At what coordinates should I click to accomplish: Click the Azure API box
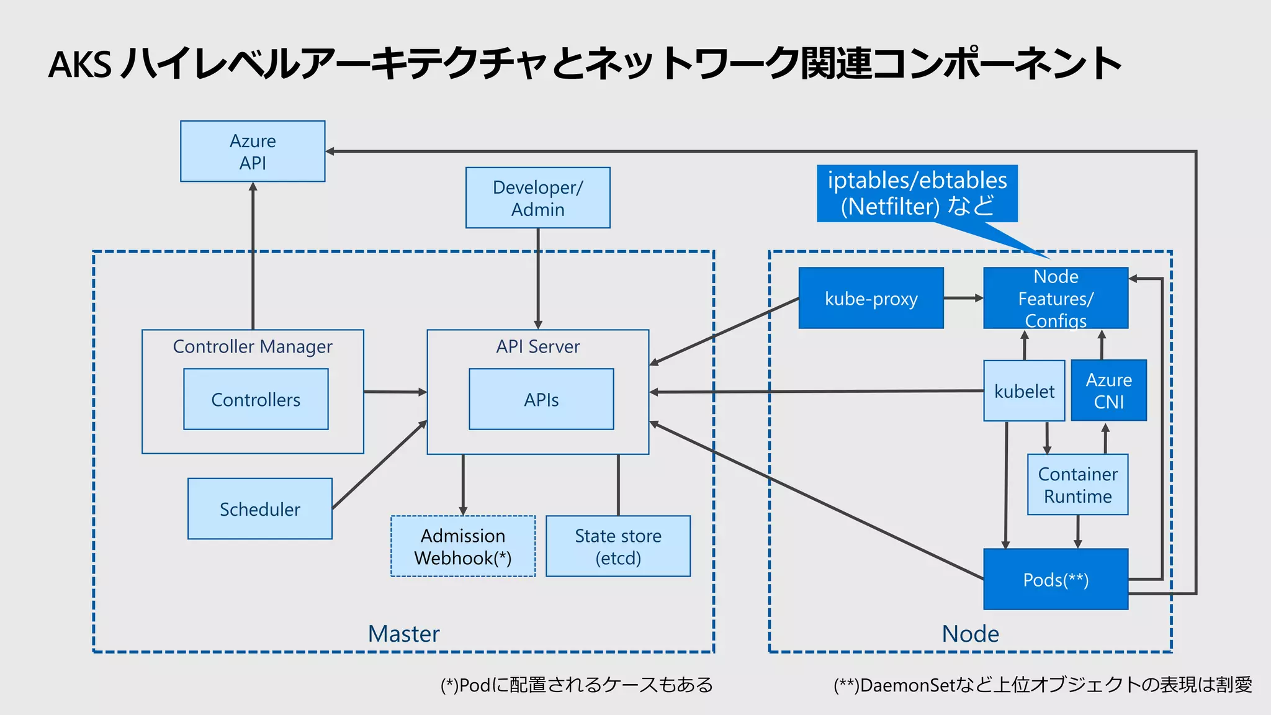coord(253,151)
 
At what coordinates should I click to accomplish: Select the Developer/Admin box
coord(537,198)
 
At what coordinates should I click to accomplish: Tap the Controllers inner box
coord(256,399)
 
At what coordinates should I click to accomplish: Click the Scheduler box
coord(259,509)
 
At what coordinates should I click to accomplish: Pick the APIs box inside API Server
coord(541,399)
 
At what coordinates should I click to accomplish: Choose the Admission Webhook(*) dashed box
coord(463,546)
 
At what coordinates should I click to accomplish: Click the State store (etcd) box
coord(618,546)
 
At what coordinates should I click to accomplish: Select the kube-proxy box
coord(871,299)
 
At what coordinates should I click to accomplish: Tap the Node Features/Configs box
coord(1055,299)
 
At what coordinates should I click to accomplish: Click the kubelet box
coord(1024,391)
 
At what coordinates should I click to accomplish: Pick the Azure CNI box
coord(1108,390)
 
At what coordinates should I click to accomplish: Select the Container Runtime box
coord(1077,485)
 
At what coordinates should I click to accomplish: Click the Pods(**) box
coord(1055,580)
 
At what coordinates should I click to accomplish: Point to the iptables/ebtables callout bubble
coord(917,193)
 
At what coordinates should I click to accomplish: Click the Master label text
coord(403,634)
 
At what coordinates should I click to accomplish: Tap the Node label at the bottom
coord(970,634)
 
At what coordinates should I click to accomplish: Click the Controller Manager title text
coord(253,346)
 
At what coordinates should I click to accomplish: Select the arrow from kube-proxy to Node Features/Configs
coord(963,299)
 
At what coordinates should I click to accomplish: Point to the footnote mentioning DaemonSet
coord(1043,685)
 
